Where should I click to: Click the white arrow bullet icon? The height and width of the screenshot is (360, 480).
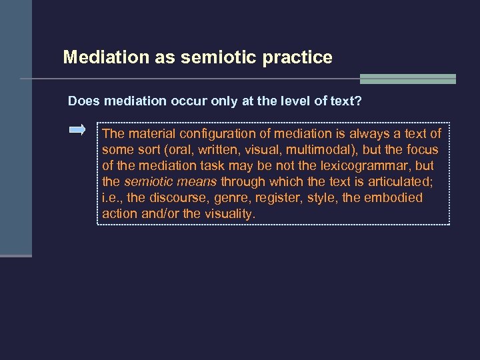[x=78, y=130]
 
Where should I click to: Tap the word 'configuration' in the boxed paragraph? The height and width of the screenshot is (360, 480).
[x=220, y=134]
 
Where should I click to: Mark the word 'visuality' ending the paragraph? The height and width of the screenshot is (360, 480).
[x=229, y=214]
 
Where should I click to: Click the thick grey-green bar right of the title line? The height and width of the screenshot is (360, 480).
[x=407, y=79]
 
